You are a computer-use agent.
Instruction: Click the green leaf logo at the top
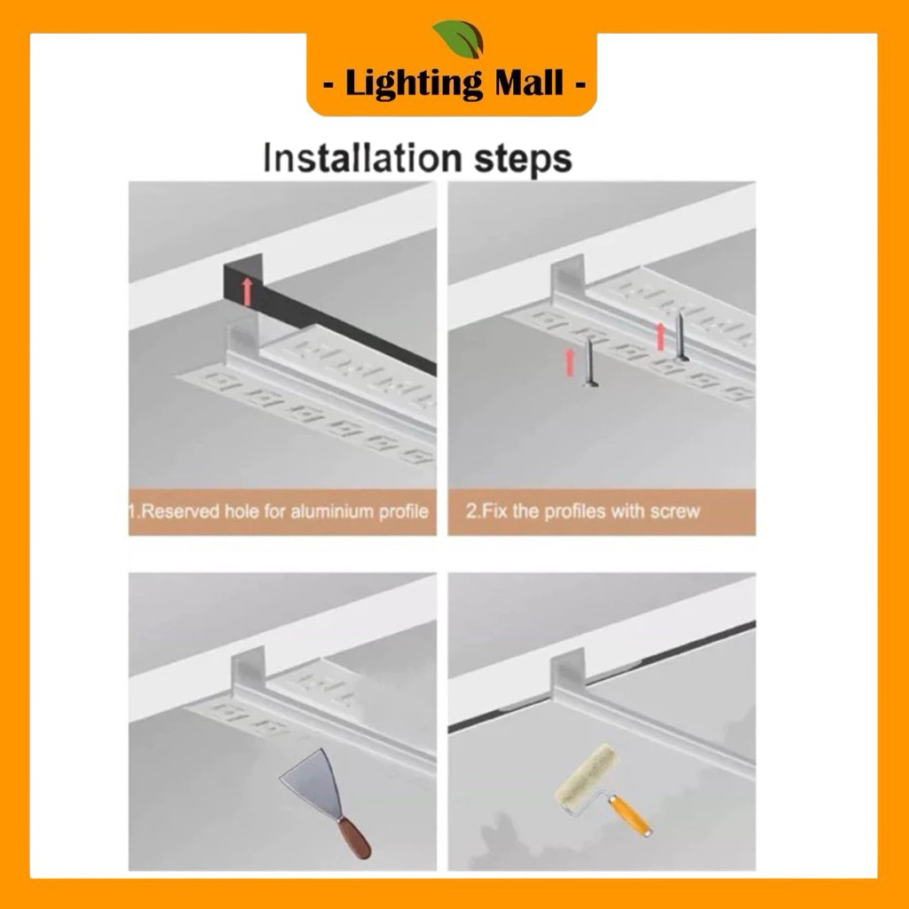point(458,39)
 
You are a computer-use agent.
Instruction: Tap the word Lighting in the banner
point(414,84)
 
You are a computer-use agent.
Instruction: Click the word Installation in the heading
point(362,158)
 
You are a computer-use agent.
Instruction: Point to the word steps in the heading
point(523,160)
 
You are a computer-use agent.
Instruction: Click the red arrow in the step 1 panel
point(248,291)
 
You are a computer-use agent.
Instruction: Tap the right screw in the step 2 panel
point(682,336)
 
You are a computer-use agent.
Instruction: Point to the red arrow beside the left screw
point(570,363)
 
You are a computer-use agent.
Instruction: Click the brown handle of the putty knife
point(354,840)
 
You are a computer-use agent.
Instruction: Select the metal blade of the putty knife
point(314,780)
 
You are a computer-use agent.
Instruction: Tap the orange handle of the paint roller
point(630,815)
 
